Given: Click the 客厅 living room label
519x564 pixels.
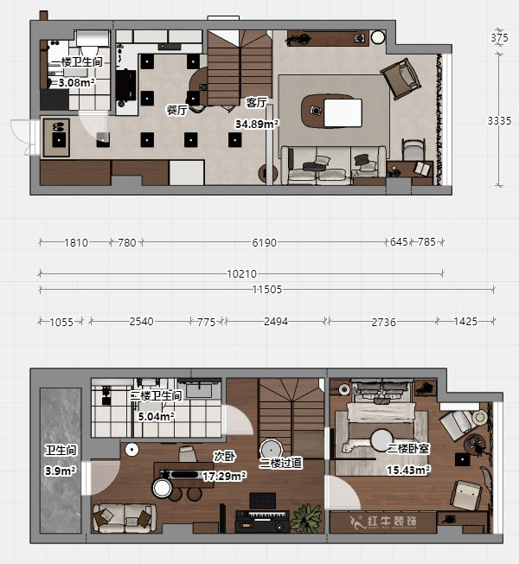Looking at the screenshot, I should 256,101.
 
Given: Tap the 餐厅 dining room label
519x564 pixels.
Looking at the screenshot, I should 176,110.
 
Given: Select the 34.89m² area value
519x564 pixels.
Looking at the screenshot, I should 257,125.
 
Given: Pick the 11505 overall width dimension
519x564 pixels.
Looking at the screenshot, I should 269,290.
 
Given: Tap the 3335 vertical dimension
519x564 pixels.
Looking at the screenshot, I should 499,120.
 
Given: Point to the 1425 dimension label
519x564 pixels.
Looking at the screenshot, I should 465,322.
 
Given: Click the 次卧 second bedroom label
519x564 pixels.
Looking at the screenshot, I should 223,456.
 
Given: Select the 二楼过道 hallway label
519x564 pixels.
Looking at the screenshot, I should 280,464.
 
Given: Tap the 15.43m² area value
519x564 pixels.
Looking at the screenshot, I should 407,470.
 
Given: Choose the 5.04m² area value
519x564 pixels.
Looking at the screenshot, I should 157,416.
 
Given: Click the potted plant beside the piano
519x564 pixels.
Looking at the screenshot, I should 304,518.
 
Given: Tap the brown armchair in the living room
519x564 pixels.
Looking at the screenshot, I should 402,78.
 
